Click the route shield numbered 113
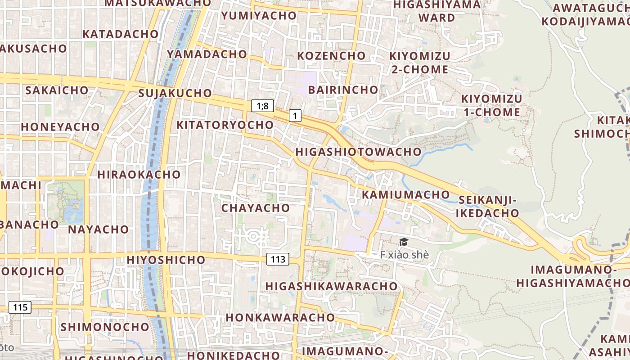point(278,259)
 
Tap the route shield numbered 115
point(20,308)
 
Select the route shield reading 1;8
point(262,106)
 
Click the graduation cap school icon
point(404,242)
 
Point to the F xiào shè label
point(404,255)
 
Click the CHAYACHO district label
point(255,208)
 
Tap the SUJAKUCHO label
point(175,93)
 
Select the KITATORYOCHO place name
point(225,125)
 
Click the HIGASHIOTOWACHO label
point(358,152)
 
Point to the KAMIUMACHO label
point(406,194)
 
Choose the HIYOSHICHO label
point(166,260)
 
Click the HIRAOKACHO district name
point(139,174)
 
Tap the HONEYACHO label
point(60,126)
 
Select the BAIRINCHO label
point(343,90)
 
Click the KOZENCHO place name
point(331,56)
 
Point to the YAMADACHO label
point(207,54)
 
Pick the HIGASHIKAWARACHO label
point(331,286)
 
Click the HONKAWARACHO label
point(280,317)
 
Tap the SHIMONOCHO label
point(104,327)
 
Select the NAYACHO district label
point(98,229)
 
